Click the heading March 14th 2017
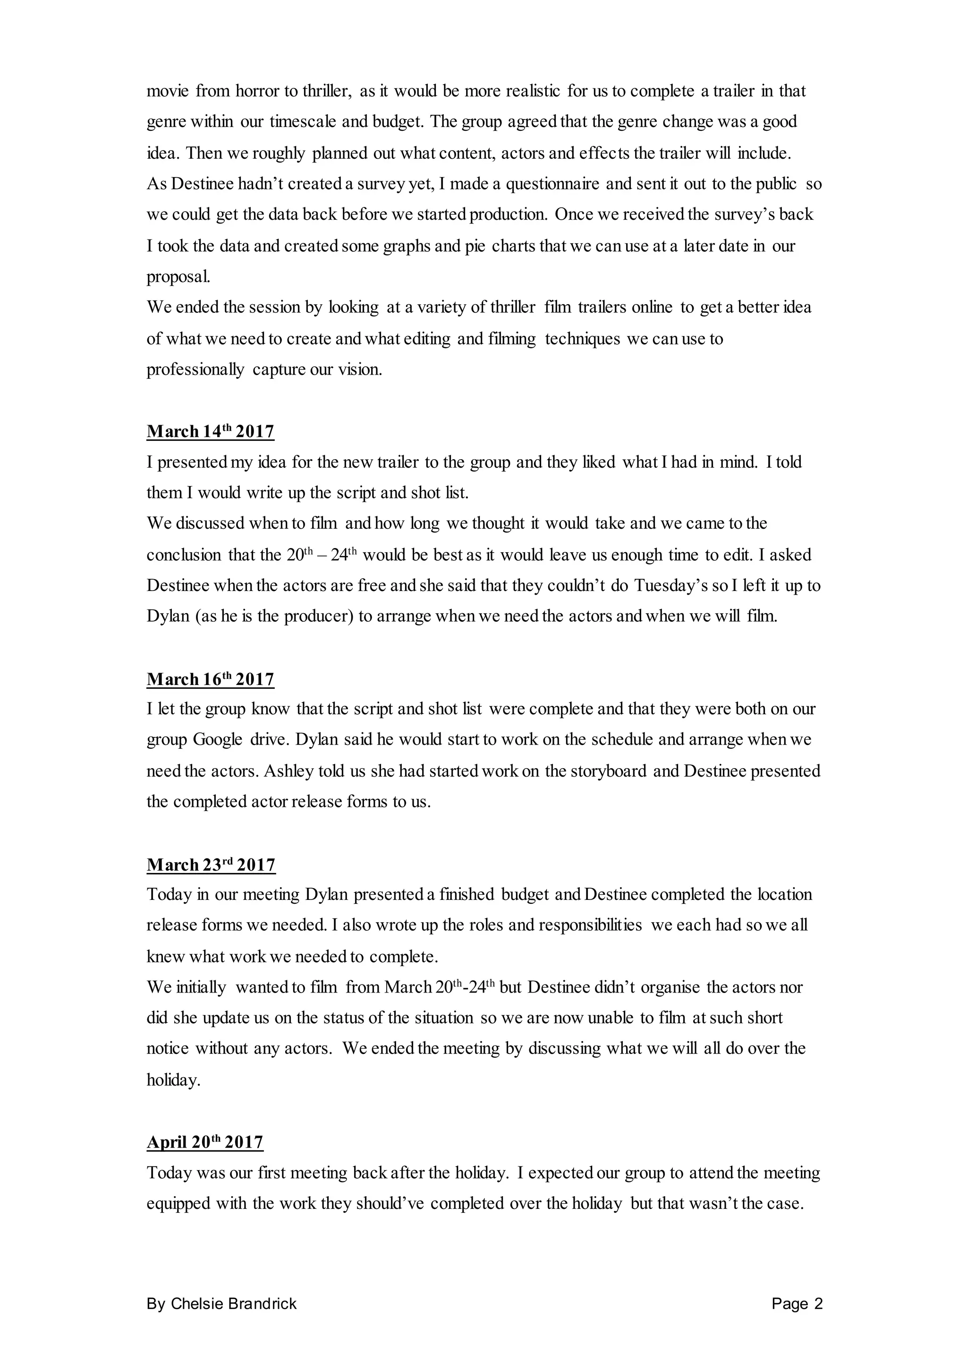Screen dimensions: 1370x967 tap(210, 431)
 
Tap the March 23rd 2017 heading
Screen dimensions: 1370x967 tap(211, 865)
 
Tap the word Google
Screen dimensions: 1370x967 tap(217, 740)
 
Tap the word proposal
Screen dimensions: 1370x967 tap(178, 277)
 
